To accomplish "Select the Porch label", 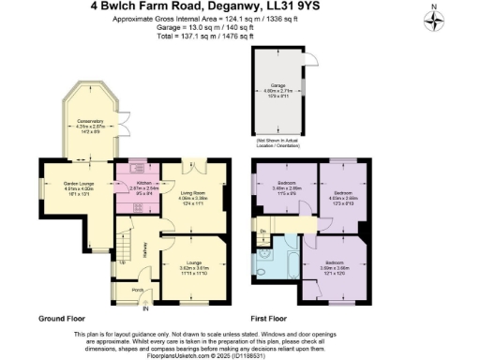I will coord(137,290).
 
